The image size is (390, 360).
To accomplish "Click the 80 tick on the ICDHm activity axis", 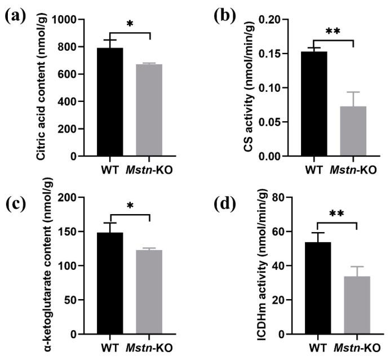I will [287, 198].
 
